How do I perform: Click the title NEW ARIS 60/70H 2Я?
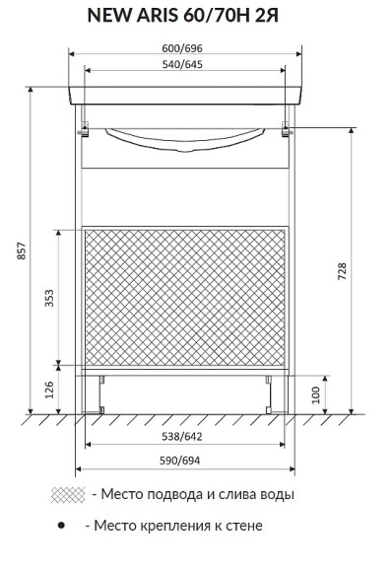183,16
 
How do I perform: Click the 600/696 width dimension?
182,48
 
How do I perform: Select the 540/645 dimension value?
182,64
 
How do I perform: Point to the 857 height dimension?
22,250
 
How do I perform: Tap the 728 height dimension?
342,271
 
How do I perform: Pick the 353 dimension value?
49,298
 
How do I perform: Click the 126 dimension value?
49,390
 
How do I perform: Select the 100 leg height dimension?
316,394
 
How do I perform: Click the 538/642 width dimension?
182,436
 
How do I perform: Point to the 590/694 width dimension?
180,461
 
